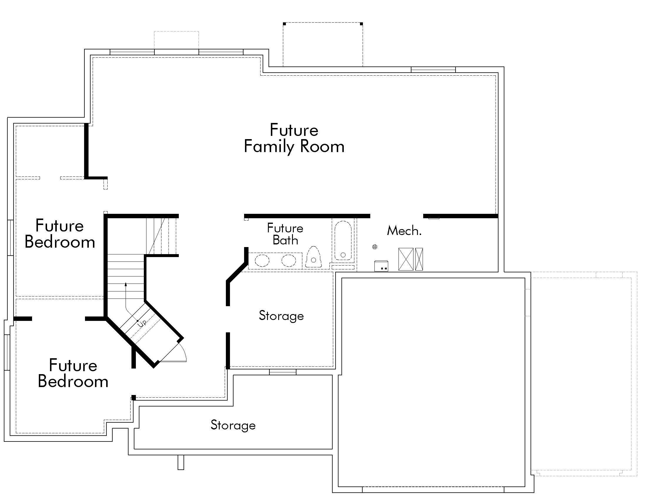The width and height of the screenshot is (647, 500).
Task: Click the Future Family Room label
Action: click(x=294, y=138)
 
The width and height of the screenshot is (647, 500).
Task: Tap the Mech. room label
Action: click(x=404, y=231)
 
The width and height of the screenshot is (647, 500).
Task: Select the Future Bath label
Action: click(x=285, y=234)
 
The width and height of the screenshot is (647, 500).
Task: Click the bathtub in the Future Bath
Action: click(x=343, y=241)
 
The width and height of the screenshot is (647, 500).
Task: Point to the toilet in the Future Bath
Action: click(x=314, y=257)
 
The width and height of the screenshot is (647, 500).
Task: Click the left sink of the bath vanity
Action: click(x=262, y=261)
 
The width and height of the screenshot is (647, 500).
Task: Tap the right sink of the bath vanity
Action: click(x=289, y=261)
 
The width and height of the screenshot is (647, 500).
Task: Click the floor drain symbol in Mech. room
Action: click(x=375, y=247)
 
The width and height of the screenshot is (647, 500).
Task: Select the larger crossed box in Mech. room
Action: click(x=406, y=259)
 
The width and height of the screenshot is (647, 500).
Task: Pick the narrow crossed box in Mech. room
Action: click(x=419, y=259)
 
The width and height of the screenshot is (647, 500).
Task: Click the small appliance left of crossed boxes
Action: click(x=381, y=266)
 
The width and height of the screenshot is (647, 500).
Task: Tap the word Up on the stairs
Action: click(x=142, y=322)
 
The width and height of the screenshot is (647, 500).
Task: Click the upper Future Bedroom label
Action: click(x=59, y=234)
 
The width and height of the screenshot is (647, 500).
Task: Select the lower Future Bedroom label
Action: click(x=73, y=373)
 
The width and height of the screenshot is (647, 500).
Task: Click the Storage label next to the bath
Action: click(x=281, y=316)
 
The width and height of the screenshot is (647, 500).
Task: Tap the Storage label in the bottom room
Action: click(x=233, y=425)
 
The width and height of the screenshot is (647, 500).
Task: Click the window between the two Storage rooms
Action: click(x=283, y=372)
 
